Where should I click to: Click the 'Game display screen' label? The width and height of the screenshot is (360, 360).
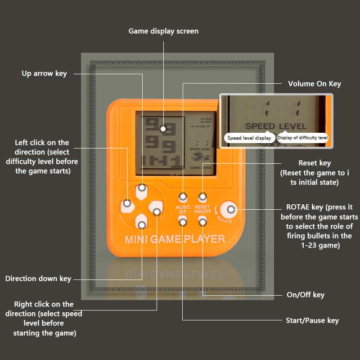163,31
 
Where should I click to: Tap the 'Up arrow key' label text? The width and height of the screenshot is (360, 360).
44,73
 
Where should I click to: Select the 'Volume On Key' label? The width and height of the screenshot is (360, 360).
315,84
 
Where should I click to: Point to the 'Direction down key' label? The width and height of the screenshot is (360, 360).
38,279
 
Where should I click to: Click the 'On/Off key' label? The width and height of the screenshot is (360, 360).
306,295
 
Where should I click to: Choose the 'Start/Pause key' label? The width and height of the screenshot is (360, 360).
312,320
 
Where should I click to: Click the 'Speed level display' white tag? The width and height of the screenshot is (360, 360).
249,138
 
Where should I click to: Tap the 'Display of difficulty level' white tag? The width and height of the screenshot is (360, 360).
302,138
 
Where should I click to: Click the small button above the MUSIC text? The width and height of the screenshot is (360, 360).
183,197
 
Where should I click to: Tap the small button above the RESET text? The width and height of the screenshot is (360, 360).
202,197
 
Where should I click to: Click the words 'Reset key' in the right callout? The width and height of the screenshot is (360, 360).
315,163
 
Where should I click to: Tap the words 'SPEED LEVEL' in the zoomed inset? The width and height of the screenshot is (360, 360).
276,126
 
